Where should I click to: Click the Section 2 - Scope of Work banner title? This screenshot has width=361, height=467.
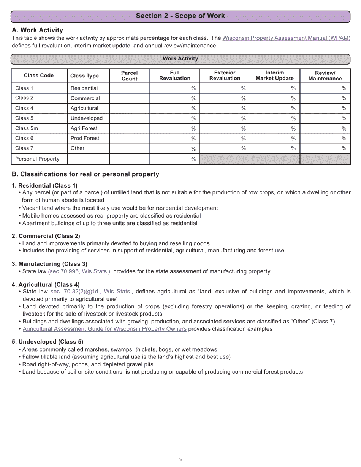(180, 16)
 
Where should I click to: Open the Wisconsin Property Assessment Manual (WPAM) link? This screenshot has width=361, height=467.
(286, 38)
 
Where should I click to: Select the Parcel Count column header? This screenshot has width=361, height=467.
(129, 76)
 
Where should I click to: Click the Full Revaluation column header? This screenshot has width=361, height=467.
(174, 76)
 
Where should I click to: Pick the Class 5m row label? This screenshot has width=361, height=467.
(26, 128)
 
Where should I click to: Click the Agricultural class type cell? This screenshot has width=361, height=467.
(84, 108)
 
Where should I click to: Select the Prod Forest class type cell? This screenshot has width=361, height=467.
(85, 138)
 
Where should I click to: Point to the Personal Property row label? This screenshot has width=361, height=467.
(37, 159)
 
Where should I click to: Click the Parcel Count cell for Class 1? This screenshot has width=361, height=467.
(129, 88)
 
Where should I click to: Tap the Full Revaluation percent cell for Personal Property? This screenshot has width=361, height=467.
(174, 159)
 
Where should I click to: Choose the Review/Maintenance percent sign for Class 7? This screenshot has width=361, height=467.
(344, 148)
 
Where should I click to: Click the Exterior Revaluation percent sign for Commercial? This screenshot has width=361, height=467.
(243, 98)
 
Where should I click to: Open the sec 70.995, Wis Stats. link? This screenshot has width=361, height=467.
(79, 271)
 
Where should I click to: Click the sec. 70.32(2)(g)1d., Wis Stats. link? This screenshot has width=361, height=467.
(91, 292)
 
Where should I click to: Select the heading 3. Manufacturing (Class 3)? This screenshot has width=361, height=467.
(49, 264)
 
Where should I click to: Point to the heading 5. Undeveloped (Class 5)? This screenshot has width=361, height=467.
(47, 342)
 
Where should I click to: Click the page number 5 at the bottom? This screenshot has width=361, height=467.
(180, 459)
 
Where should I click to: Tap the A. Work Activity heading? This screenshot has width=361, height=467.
(38, 30)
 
